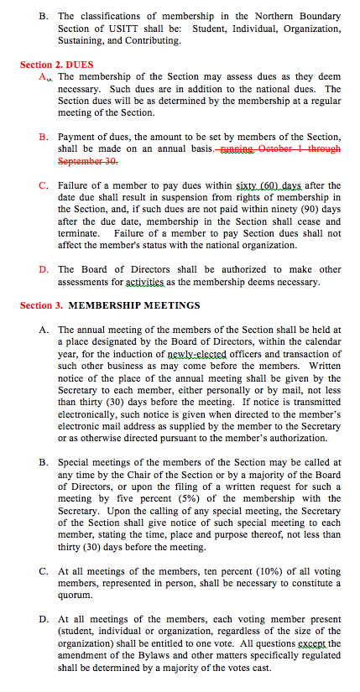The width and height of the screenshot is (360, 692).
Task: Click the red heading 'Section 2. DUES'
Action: click(57, 64)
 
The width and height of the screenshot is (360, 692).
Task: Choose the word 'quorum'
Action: click(76, 595)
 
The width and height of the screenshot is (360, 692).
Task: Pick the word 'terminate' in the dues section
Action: click(82, 233)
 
